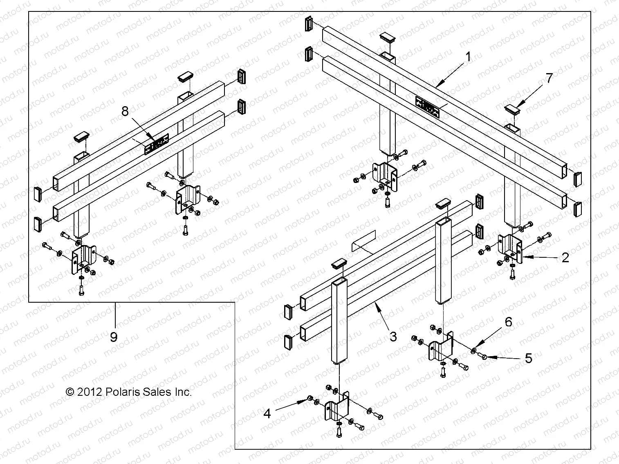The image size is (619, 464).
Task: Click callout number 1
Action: pos(469,57)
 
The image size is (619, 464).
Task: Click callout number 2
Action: pos(565,258)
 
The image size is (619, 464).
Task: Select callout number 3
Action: pos(393,337)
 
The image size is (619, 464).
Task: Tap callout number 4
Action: pos(267,414)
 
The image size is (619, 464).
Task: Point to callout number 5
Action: pos(529,358)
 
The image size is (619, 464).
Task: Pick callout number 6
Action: pos(508,322)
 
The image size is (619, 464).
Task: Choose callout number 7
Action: pos(549,78)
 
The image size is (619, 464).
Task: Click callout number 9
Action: pos(114,337)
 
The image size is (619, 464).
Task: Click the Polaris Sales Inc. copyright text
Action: pos(129,392)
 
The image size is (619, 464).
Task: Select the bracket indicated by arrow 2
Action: pos(509,249)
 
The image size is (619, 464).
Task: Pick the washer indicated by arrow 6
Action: pos(473,350)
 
